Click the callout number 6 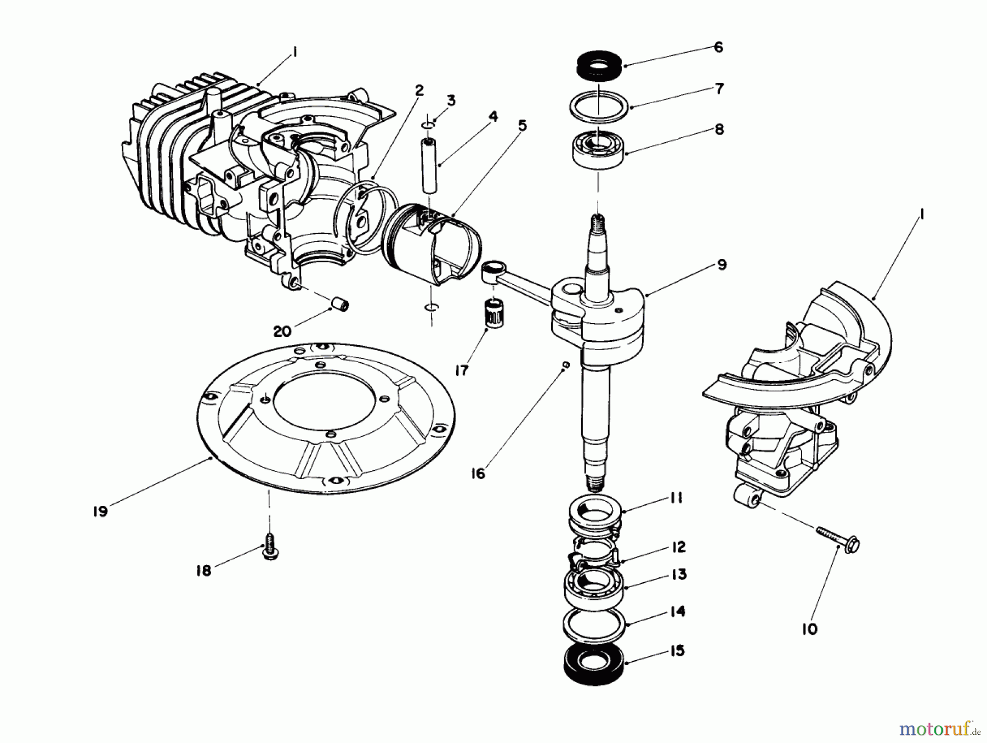click(718, 47)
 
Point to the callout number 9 click(722, 265)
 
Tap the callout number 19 click(100, 511)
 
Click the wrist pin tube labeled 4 click(432, 165)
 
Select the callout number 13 click(678, 575)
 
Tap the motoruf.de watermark click(939, 729)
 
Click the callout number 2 click(419, 90)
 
